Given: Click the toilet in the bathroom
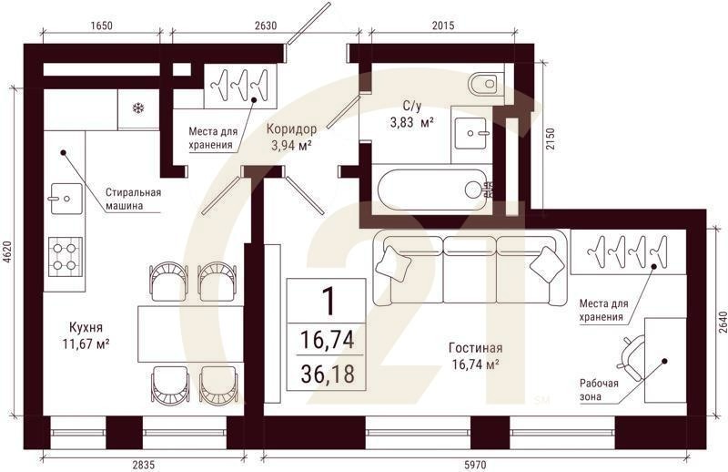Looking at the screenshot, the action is (x=486, y=84).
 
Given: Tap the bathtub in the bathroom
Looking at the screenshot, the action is (x=431, y=190).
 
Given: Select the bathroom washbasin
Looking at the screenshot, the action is (x=470, y=133).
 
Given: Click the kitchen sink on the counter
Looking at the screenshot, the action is (x=66, y=199).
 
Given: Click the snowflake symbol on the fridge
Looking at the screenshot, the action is (x=138, y=108).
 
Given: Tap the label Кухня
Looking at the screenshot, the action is (x=86, y=327).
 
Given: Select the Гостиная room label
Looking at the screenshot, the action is (x=475, y=348).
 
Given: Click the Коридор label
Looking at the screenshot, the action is (x=291, y=129).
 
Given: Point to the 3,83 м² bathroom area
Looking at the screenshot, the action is (x=412, y=123).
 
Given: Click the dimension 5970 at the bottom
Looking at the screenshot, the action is (x=474, y=465).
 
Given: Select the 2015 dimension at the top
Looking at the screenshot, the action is (x=443, y=26).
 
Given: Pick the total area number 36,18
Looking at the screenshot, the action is (x=328, y=374).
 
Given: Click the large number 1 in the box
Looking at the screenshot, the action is (x=329, y=301).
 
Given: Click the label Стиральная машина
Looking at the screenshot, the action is (x=133, y=199).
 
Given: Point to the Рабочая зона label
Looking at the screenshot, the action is (x=599, y=390).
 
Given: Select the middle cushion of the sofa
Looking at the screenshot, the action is (x=470, y=270).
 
